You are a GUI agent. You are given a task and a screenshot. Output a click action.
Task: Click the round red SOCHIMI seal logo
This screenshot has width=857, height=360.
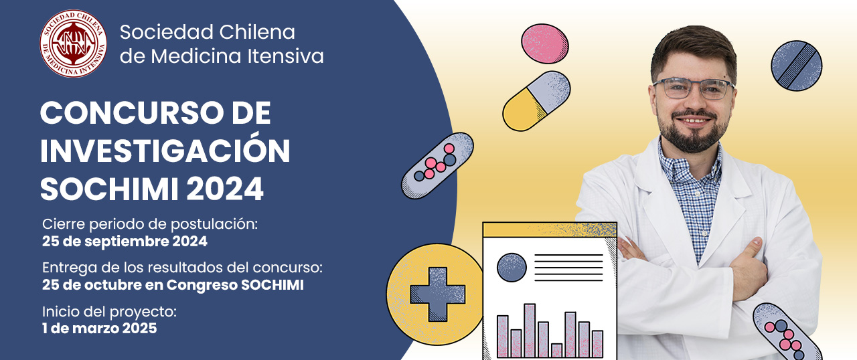tap(74, 43)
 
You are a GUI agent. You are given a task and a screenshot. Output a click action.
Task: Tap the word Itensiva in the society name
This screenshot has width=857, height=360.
tap(285, 56)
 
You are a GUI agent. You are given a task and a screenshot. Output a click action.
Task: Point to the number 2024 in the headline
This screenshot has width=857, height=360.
tap(225, 189)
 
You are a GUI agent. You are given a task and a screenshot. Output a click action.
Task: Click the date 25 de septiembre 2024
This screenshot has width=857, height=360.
tap(125, 242)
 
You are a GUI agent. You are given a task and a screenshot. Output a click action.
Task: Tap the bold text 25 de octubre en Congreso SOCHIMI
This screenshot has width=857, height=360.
tap(173, 285)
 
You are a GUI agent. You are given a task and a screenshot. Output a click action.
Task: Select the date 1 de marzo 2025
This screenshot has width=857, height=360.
tap(100, 329)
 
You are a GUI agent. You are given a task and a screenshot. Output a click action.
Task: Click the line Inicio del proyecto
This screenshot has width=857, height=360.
tap(109, 312)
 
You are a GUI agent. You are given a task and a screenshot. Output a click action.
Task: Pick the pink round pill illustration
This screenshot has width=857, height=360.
tap(545, 43)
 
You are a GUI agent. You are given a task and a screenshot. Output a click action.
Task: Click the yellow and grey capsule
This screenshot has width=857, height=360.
tap(536, 101)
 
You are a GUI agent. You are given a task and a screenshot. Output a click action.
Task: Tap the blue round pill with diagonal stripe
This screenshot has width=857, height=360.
tap(797, 66)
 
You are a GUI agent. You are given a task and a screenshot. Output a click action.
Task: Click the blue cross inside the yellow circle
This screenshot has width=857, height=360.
tap(438, 294)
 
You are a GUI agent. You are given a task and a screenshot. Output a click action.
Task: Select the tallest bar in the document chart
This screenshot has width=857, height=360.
tap(530, 331)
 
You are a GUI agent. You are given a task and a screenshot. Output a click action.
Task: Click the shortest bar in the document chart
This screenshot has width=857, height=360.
tap(556, 351)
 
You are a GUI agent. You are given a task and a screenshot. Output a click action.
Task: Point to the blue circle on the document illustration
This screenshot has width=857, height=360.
tap(512, 267)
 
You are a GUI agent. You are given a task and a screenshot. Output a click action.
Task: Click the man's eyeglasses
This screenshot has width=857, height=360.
tap(693, 88)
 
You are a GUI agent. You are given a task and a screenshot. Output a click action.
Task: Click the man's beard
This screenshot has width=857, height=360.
tap(693, 132)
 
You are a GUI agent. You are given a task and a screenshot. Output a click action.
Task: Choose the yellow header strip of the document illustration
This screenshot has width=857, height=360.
tap(550, 230)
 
